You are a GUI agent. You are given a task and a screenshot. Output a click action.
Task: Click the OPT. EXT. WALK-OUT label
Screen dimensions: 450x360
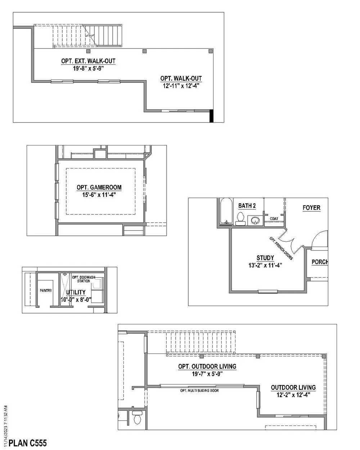tap(88, 61)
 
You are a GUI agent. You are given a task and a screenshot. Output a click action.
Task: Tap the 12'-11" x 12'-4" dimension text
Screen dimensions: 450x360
tap(181, 86)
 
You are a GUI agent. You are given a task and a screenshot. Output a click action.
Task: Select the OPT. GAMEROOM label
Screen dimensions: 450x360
tap(99, 187)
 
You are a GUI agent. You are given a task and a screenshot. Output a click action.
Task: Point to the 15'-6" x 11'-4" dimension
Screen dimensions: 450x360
tap(99, 194)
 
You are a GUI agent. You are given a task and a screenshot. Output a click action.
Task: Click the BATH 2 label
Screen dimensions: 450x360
tap(247, 206)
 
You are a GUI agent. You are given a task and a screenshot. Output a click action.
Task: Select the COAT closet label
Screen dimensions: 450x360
tap(274, 219)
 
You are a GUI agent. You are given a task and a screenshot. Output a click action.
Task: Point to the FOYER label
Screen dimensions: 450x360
tap(311, 208)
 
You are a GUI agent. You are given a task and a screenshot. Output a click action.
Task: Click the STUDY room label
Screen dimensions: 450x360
tap(265, 258)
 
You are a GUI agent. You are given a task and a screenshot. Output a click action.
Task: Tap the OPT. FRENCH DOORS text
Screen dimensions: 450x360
tap(281, 248)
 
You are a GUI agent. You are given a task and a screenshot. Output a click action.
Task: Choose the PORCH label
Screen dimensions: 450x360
tap(320, 262)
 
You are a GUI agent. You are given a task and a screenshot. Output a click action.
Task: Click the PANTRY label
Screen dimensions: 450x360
tap(46, 291)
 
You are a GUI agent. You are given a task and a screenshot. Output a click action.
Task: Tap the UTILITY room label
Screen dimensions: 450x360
tap(76, 292)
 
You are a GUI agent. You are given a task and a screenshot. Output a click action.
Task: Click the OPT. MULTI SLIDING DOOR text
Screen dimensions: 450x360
tap(199, 391)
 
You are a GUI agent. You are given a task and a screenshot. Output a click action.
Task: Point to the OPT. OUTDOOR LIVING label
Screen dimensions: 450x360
tap(207, 366)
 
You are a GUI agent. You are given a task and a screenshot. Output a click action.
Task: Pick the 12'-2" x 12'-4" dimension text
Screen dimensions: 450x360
tap(293, 395)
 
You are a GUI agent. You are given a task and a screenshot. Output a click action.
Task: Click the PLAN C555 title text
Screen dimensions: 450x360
tap(28, 443)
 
